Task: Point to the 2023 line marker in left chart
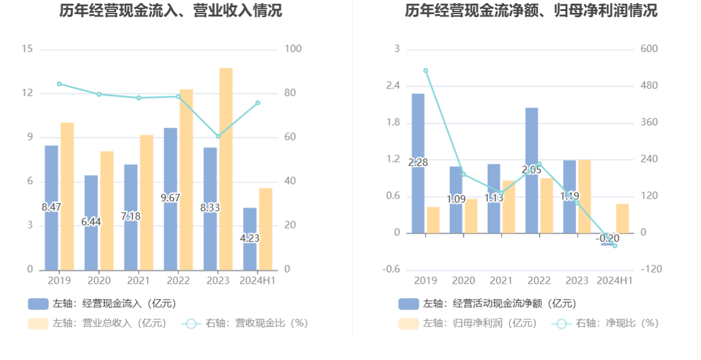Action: point(218,136)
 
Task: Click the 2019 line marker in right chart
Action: point(426,71)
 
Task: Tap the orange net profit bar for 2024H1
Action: point(622,218)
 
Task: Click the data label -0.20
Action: point(608,238)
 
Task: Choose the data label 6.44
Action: point(91,222)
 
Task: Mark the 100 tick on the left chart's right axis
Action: point(293,49)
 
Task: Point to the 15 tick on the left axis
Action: point(27,49)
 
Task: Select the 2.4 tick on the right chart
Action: point(392,86)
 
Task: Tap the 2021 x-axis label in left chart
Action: point(139,281)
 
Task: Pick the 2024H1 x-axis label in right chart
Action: point(615,281)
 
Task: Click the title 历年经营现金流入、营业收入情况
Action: point(171,10)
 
